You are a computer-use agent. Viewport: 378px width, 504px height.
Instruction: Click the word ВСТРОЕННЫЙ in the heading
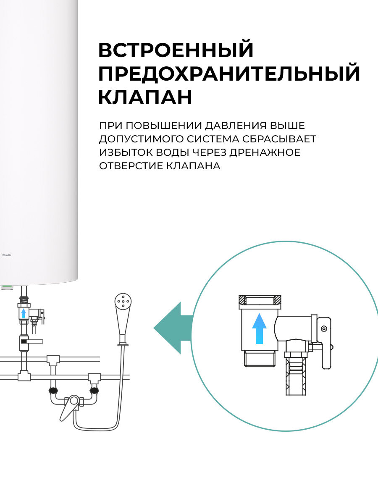[x=176, y=50]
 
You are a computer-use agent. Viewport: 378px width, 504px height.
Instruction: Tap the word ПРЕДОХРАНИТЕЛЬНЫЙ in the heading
[x=229, y=73]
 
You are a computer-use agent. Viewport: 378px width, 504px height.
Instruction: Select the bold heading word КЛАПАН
[x=145, y=97]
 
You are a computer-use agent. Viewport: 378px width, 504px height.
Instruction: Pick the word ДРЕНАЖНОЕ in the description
[x=266, y=152]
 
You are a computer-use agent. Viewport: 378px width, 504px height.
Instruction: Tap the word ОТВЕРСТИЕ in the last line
[x=128, y=166]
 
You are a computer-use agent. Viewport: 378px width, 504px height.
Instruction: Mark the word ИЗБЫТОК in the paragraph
[x=123, y=152]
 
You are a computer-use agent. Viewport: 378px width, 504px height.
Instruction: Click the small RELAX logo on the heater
[x=6, y=255]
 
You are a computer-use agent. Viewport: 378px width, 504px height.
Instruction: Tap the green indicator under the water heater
[x=6, y=287]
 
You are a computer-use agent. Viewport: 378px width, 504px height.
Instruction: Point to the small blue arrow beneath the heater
[x=24, y=313]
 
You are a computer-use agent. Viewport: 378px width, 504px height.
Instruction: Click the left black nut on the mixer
[x=53, y=390]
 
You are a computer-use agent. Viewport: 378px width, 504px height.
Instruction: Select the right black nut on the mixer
[x=94, y=391]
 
